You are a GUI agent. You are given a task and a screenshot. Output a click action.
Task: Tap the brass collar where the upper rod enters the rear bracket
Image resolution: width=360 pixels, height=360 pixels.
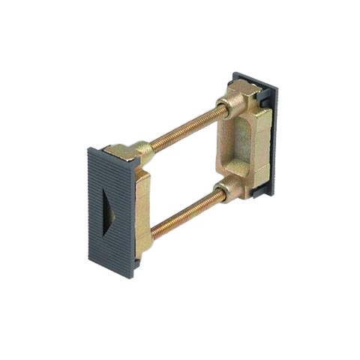224,108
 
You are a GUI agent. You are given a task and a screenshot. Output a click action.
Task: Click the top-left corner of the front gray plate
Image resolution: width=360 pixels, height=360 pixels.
89,148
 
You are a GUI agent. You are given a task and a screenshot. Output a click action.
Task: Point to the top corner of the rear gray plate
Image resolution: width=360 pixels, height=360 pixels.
235,73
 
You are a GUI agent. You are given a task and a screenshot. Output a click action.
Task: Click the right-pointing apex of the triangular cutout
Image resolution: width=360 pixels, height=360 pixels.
120,210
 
